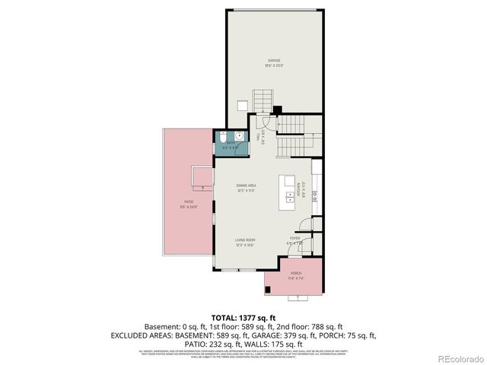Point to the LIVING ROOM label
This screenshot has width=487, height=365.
245,242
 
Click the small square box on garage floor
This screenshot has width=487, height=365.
241,106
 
